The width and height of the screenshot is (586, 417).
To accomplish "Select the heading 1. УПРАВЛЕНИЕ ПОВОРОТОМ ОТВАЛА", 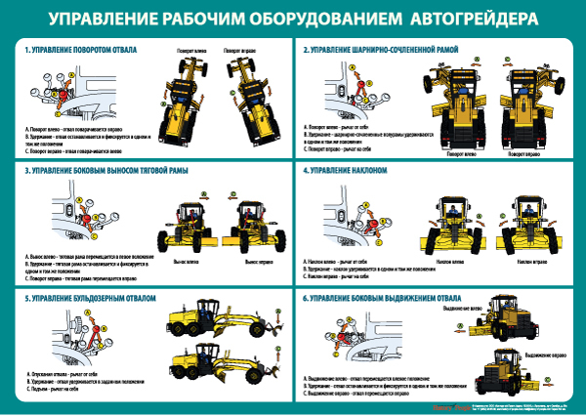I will (80, 49).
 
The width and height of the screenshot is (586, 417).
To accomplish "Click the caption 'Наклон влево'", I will (451, 262).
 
